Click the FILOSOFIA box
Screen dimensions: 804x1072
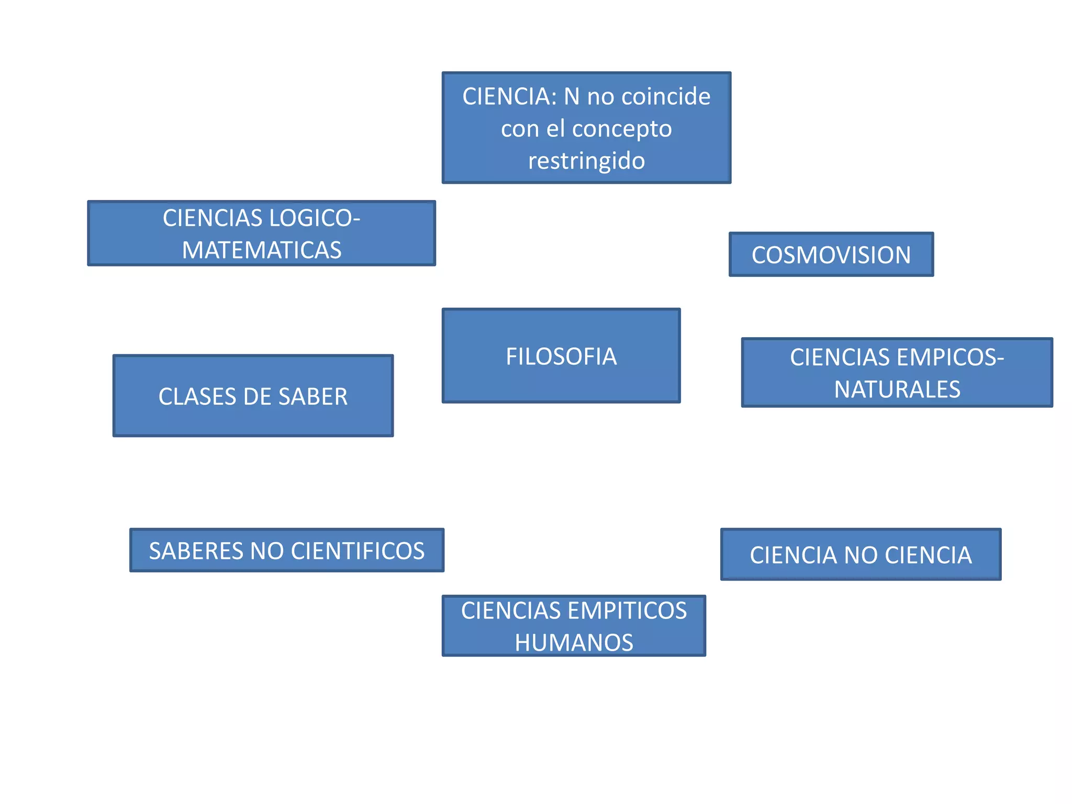tap(561, 356)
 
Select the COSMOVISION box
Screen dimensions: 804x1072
tap(831, 255)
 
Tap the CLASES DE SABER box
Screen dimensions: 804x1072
tap(253, 396)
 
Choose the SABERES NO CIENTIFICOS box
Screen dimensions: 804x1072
tap(287, 551)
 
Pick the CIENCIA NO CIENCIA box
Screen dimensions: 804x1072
tap(861, 555)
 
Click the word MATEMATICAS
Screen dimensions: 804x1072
tap(262, 250)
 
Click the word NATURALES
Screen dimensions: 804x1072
tap(897, 389)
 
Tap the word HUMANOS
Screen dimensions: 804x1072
tap(574, 643)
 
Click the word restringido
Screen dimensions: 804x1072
tap(586, 161)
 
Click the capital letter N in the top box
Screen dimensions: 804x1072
tap(572, 97)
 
